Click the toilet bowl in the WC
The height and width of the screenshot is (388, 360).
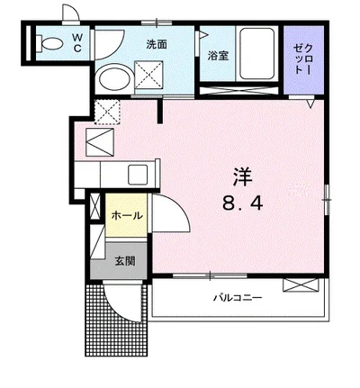click(49, 43)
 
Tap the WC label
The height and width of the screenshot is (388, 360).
click(77, 43)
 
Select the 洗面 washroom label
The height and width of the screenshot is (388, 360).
click(157, 45)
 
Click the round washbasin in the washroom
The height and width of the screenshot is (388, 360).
click(115, 77)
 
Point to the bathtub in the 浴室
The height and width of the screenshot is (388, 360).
click(257, 54)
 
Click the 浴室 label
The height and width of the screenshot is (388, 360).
click(219, 56)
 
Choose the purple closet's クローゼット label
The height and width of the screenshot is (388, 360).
click(303, 59)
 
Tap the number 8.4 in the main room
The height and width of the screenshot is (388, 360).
click(242, 204)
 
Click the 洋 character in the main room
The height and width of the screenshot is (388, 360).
click(243, 177)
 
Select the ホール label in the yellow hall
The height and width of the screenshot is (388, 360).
click(127, 215)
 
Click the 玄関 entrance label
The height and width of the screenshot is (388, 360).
click(125, 261)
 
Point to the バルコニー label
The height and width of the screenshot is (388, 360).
click(238, 298)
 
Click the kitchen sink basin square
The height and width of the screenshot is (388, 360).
click(138, 175)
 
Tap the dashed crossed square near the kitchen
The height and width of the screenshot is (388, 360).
click(107, 112)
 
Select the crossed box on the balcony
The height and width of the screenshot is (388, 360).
click(301, 285)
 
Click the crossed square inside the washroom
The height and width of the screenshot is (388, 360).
click(148, 75)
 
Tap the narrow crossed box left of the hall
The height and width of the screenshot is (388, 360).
click(95, 206)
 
